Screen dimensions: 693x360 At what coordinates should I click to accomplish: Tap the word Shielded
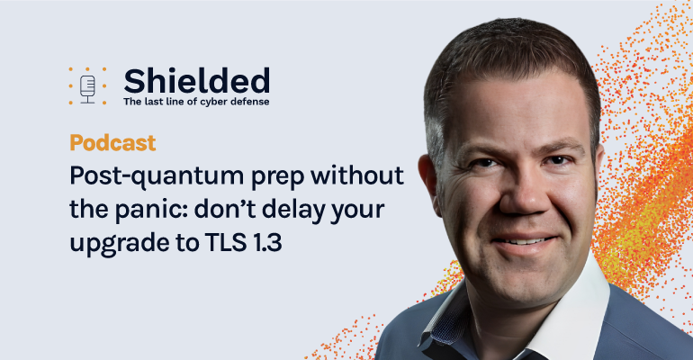[197, 81]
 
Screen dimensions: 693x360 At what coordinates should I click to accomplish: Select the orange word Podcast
[112, 143]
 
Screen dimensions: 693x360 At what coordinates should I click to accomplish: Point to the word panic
[150, 211]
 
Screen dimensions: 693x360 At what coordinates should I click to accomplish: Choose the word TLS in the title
[225, 241]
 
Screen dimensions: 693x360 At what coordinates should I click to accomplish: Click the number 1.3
[267, 241]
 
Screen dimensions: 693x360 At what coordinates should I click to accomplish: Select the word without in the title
[357, 175]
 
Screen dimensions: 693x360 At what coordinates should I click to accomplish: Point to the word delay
[292, 211]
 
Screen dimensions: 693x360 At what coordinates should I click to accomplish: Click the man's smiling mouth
[524, 241]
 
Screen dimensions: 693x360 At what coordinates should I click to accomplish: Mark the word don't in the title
[224, 210]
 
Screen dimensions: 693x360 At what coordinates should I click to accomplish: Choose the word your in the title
[357, 212]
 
